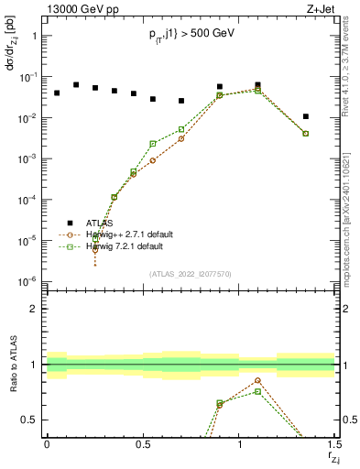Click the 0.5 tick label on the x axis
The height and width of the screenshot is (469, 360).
tap(142, 443)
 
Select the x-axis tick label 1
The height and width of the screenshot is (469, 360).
tap(239, 443)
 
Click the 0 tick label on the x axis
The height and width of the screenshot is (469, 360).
tap(47, 443)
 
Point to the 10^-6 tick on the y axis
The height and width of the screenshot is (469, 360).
tap(29, 280)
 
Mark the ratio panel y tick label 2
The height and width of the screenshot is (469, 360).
tap(35, 309)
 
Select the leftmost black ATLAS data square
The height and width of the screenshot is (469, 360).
tap(57, 93)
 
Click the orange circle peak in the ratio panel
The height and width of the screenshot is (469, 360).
tap(258, 380)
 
